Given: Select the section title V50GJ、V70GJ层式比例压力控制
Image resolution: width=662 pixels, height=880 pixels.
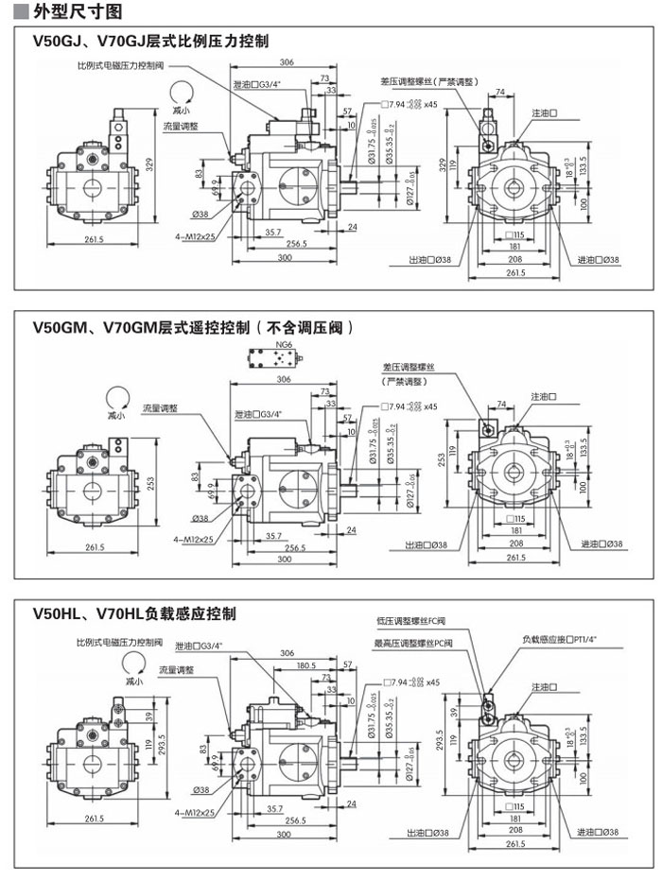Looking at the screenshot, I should (x=151, y=42).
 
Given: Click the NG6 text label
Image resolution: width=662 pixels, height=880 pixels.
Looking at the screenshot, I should (x=284, y=346).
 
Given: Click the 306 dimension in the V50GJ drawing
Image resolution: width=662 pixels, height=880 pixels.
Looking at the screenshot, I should (x=287, y=63).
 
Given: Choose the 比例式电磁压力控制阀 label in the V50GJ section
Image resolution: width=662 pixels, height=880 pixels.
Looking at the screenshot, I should (x=121, y=66).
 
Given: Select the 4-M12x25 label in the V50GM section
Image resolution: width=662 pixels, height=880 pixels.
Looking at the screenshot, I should (x=194, y=539).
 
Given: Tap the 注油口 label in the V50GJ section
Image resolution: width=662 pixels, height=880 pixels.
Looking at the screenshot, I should (x=543, y=113).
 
